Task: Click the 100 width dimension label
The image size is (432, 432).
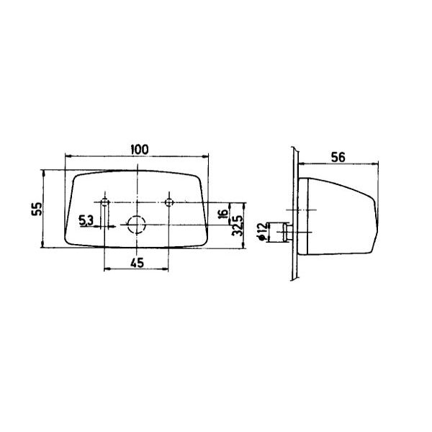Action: [x=140, y=150]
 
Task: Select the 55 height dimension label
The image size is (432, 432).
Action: [x=37, y=209]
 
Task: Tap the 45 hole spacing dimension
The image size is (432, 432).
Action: [x=137, y=263]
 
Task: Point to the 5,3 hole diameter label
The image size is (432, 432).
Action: [x=86, y=220]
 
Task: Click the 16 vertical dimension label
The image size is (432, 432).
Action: [x=223, y=214]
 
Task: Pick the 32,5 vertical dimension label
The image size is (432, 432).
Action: [x=238, y=225]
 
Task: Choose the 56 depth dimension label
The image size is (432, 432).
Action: [x=338, y=157]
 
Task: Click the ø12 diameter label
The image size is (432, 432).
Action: [x=262, y=231]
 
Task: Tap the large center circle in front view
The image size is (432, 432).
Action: [x=137, y=225]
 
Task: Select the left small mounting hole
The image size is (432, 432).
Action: [x=104, y=202]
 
